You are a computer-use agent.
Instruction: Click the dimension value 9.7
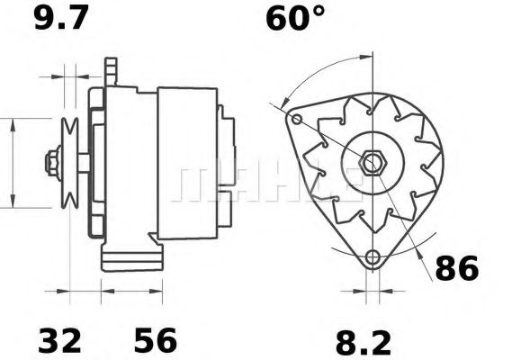(61, 18)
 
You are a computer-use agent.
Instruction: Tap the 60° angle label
(296, 18)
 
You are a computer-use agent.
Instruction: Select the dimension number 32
(59, 341)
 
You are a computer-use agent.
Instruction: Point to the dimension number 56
(155, 341)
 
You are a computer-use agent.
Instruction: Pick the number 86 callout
(457, 267)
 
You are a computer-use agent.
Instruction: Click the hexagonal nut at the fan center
(372, 163)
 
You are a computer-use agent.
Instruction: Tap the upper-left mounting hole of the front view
(296, 118)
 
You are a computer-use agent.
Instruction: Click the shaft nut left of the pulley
(49, 163)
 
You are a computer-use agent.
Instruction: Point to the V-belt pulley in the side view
(67, 163)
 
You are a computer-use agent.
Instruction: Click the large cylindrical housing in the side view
(187, 162)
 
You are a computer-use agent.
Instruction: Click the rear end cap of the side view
(228, 162)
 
